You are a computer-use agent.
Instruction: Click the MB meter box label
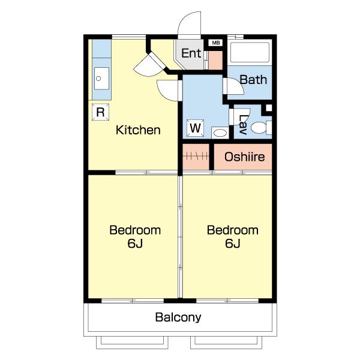(216, 43)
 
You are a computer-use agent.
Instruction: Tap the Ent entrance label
(191, 53)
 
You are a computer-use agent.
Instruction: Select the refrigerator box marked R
(100, 112)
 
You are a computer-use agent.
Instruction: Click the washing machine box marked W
(196, 128)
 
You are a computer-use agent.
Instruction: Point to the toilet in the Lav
(261, 127)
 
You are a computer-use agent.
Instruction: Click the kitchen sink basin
(101, 79)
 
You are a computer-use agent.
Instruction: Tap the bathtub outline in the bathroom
(250, 52)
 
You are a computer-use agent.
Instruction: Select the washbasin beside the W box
(220, 133)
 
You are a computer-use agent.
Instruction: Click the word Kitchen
(138, 130)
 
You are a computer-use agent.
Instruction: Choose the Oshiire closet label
(245, 157)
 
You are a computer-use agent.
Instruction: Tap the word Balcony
(178, 317)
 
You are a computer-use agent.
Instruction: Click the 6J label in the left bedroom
(135, 244)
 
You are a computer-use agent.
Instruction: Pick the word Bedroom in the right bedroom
(233, 230)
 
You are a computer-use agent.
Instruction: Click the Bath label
(253, 80)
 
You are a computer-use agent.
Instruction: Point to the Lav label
(242, 124)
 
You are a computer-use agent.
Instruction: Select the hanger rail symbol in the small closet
(196, 157)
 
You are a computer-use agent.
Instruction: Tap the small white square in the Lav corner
(269, 107)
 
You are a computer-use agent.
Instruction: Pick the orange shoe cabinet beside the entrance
(215, 60)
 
